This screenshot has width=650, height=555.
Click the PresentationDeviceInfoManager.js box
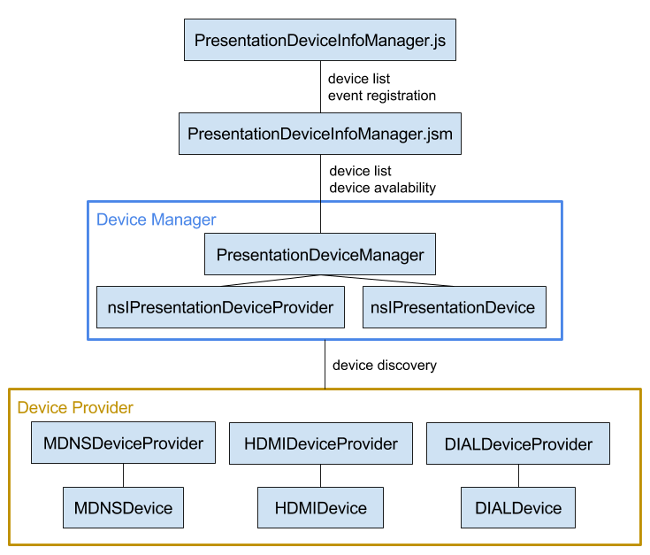(320, 40)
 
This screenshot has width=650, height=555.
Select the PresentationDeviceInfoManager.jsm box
(320, 134)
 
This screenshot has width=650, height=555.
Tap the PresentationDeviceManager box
(320, 254)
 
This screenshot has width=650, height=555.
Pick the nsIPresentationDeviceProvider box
(220, 307)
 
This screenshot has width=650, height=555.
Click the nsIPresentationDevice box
(455, 307)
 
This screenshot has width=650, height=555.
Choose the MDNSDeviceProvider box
(123, 443)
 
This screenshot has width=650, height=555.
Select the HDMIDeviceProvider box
(321, 443)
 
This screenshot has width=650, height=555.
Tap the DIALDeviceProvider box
(518, 443)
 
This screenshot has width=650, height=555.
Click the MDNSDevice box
(123, 507)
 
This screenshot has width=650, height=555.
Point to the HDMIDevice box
(320, 507)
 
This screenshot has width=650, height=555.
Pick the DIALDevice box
(518, 507)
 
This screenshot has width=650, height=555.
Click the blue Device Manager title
(157, 220)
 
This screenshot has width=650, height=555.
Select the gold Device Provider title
(75, 407)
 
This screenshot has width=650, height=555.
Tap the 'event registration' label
(382, 96)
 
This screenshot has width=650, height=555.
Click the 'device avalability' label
(382, 188)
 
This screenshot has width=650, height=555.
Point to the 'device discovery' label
(385, 365)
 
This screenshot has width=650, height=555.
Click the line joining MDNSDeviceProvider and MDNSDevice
(123, 475)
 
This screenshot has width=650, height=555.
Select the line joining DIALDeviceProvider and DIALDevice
(518, 475)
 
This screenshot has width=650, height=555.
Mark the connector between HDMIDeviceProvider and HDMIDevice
(320, 475)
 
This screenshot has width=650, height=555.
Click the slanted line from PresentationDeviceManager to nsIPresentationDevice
(387, 281)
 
